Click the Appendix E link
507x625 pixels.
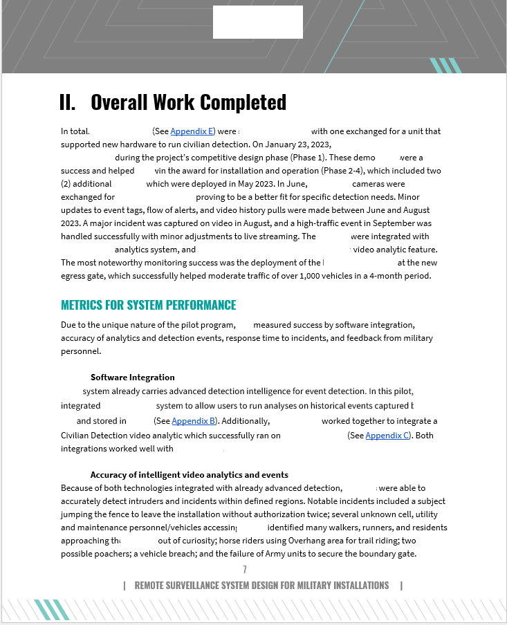point(192,131)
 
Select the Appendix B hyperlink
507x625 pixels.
point(193,421)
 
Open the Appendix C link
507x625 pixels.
point(387,436)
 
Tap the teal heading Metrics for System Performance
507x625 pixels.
point(149,305)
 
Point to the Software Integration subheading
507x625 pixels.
point(133,377)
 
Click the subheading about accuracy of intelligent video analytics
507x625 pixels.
point(189,475)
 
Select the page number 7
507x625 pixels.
point(245,570)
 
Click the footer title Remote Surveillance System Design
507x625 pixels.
point(261,586)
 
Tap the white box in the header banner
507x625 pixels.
point(257,22)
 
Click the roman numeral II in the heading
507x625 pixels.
point(67,102)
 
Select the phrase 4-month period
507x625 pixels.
point(400,276)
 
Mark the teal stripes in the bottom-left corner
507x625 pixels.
point(53,609)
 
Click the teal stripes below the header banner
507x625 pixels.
point(445,66)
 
